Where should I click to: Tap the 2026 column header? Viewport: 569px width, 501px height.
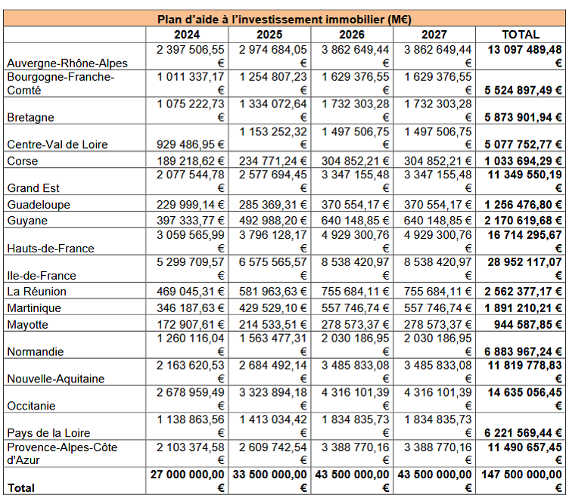pyautogui.click(x=352, y=34)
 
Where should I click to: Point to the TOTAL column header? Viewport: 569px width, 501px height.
pyautogui.click(x=521, y=34)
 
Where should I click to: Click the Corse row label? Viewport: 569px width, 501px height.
pyautogui.click(x=23, y=161)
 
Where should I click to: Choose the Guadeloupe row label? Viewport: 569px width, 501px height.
pyautogui.click(x=38, y=205)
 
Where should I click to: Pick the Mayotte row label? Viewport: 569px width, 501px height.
pyautogui.click(x=28, y=324)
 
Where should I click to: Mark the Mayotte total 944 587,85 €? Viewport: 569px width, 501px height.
pyautogui.click(x=524, y=324)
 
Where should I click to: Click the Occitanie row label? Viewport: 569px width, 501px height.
pyautogui.click(x=32, y=406)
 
